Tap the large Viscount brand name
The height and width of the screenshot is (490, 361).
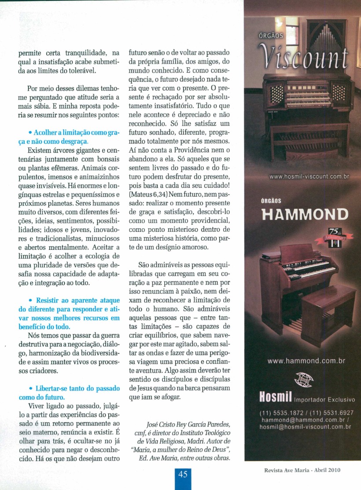[x=304, y=56]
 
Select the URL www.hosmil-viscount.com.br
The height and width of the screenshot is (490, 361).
[x=309, y=176]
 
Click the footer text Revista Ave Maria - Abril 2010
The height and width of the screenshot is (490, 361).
[x=302, y=470]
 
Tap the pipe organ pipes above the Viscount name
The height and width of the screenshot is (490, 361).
[x=326, y=35]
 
